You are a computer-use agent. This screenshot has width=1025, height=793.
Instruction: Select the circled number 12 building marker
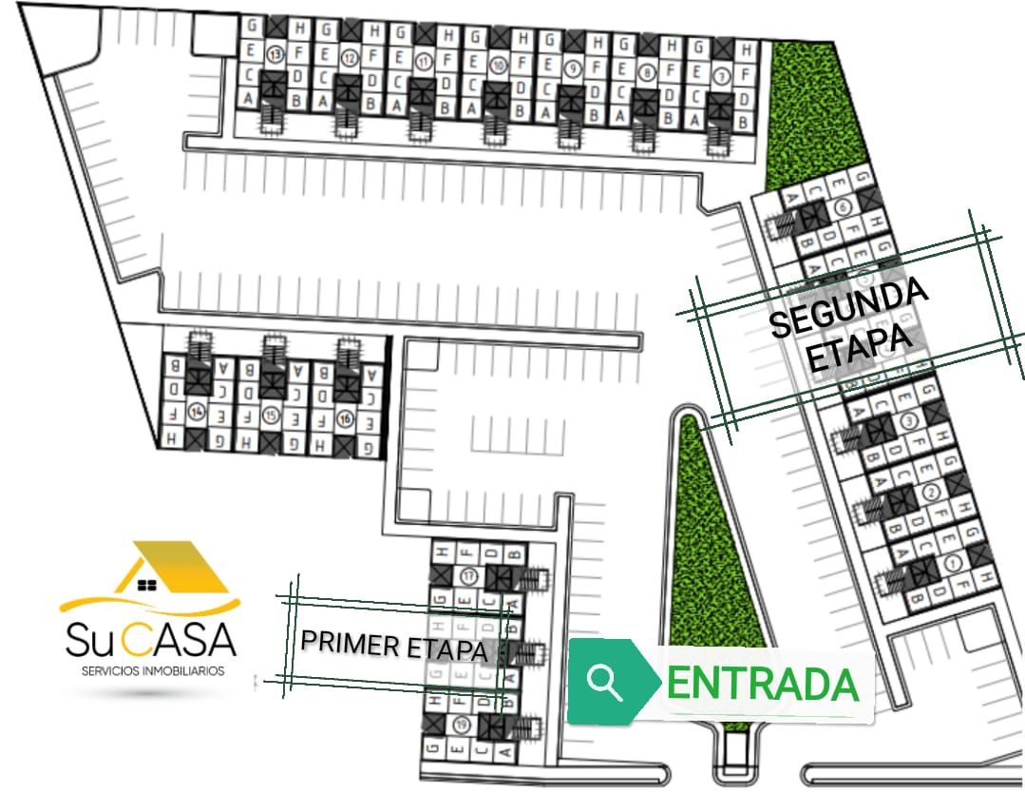350,57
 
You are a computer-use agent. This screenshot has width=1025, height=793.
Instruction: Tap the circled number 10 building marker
498,65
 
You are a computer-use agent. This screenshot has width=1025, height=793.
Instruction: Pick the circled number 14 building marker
197,412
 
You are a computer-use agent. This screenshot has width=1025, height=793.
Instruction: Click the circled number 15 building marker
271,415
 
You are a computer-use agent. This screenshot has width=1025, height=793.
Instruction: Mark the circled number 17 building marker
467,576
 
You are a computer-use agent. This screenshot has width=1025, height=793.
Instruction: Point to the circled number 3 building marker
909,420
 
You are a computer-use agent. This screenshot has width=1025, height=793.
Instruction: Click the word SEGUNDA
848,308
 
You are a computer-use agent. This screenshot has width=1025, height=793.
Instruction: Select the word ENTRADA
763,684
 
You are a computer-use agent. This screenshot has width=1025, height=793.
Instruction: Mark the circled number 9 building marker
572,68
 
